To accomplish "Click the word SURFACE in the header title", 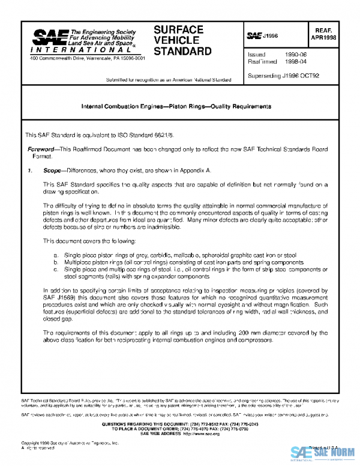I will point(178,29).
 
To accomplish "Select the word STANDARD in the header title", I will point(182,51).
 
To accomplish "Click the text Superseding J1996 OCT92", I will point(283,76).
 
